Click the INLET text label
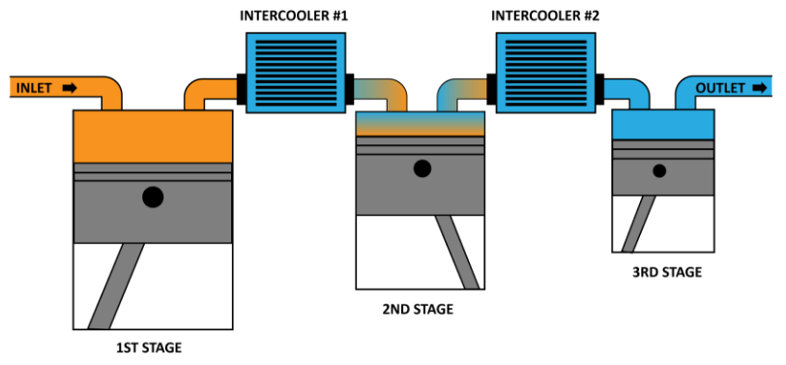coord(33,88)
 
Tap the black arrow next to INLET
coord(70,88)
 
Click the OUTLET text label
coord(720,88)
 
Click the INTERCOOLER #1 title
coord(295,15)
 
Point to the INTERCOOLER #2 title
coord(546,15)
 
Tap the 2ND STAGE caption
coord(419,310)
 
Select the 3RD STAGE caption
coord(667,272)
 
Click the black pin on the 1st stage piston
coord(152,198)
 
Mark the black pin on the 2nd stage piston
coord(422,168)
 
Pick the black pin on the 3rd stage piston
coord(659,171)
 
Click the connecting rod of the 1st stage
coord(116,286)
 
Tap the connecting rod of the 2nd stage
coord(455,250)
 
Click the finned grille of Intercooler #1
coord(295,73)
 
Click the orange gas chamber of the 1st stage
coord(153,137)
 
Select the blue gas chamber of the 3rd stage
coord(664,125)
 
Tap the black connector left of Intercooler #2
coord(490,88)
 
